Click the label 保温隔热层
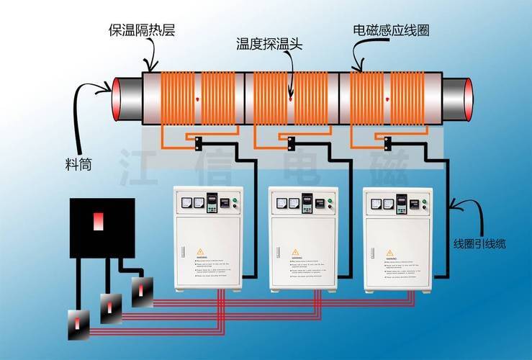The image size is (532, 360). point(142,30)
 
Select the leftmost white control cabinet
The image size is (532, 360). point(209,238)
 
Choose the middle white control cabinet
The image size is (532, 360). point(303,238)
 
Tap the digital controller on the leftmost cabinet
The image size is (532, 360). point(212,202)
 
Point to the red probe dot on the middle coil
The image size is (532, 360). point(291,99)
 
